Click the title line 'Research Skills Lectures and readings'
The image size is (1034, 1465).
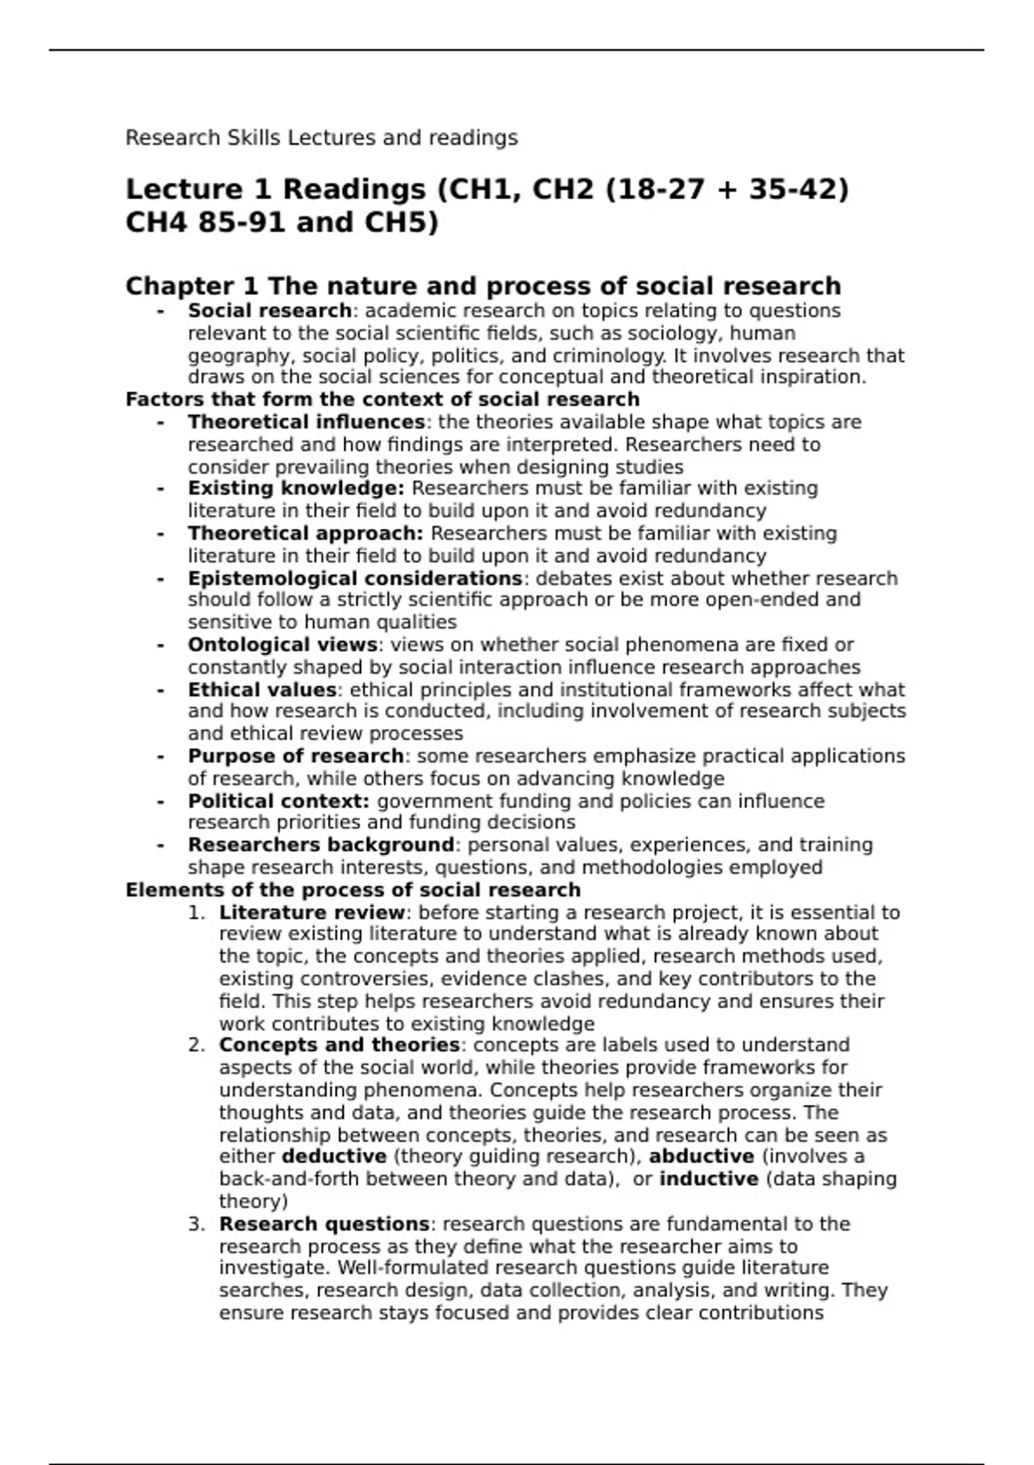click(x=321, y=138)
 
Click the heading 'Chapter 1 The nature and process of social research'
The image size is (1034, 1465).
click(x=483, y=286)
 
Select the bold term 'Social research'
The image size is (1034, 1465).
click(x=269, y=311)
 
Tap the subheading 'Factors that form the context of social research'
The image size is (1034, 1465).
click(x=383, y=400)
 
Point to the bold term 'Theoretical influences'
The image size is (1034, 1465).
click(x=306, y=422)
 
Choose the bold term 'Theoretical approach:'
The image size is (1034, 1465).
click(x=305, y=533)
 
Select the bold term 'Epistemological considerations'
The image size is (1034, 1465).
click(x=355, y=578)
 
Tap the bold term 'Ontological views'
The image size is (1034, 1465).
click(x=282, y=645)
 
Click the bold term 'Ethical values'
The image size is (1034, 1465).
click(x=262, y=689)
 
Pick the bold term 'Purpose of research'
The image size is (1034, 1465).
click(x=296, y=756)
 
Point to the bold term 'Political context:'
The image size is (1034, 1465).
click(x=278, y=801)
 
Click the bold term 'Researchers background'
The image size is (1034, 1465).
click(x=321, y=845)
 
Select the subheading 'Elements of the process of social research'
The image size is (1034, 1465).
click(x=353, y=890)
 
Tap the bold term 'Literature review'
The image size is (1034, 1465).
click(x=312, y=913)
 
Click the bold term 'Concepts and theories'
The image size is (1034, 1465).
click(x=339, y=1045)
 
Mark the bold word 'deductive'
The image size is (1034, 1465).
click(x=333, y=1156)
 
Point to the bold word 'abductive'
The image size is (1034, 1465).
click(x=701, y=1156)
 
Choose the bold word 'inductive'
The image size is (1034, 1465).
click(x=708, y=1179)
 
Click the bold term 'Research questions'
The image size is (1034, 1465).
click(x=324, y=1224)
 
